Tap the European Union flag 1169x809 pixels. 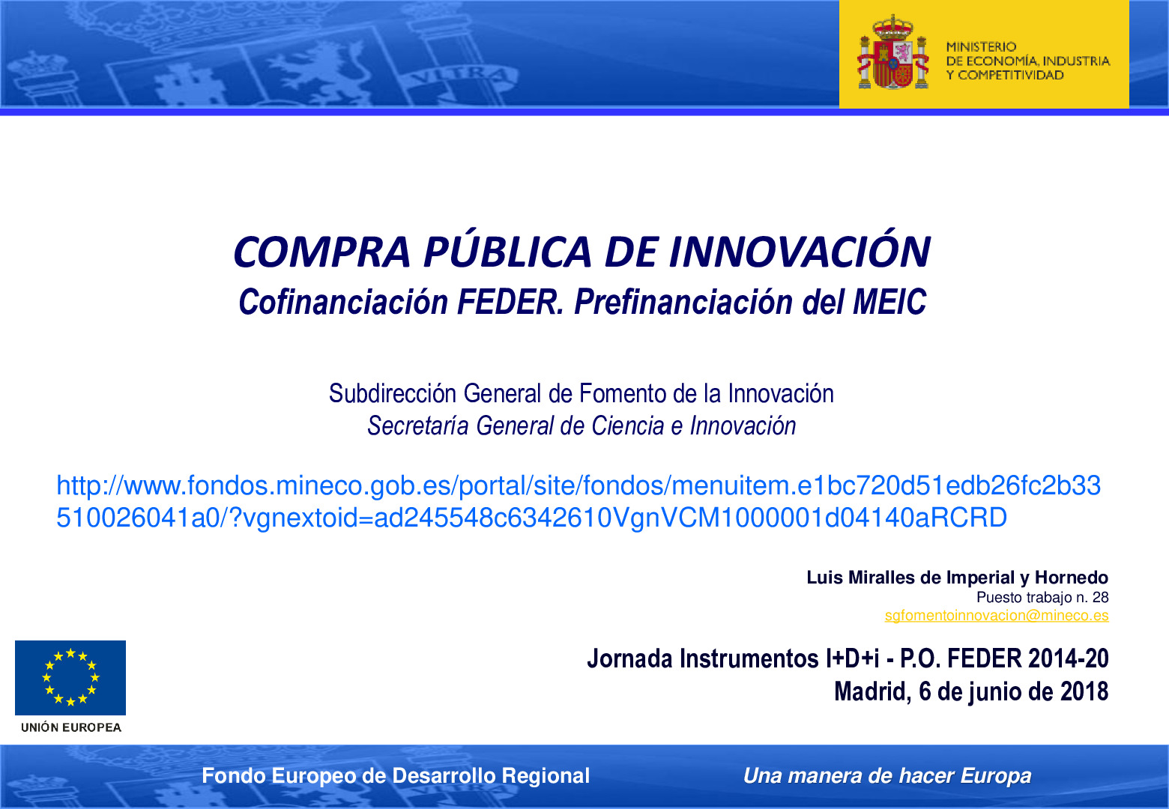70,677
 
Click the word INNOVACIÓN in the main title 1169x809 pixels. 799,252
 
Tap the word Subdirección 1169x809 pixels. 393,393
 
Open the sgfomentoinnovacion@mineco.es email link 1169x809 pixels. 996,615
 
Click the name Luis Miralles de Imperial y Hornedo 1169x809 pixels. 957,578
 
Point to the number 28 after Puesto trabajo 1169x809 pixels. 1100,597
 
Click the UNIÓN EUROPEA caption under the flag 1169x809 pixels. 71,727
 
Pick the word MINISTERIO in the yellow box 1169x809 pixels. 981,46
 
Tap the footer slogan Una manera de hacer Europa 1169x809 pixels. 886,775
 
